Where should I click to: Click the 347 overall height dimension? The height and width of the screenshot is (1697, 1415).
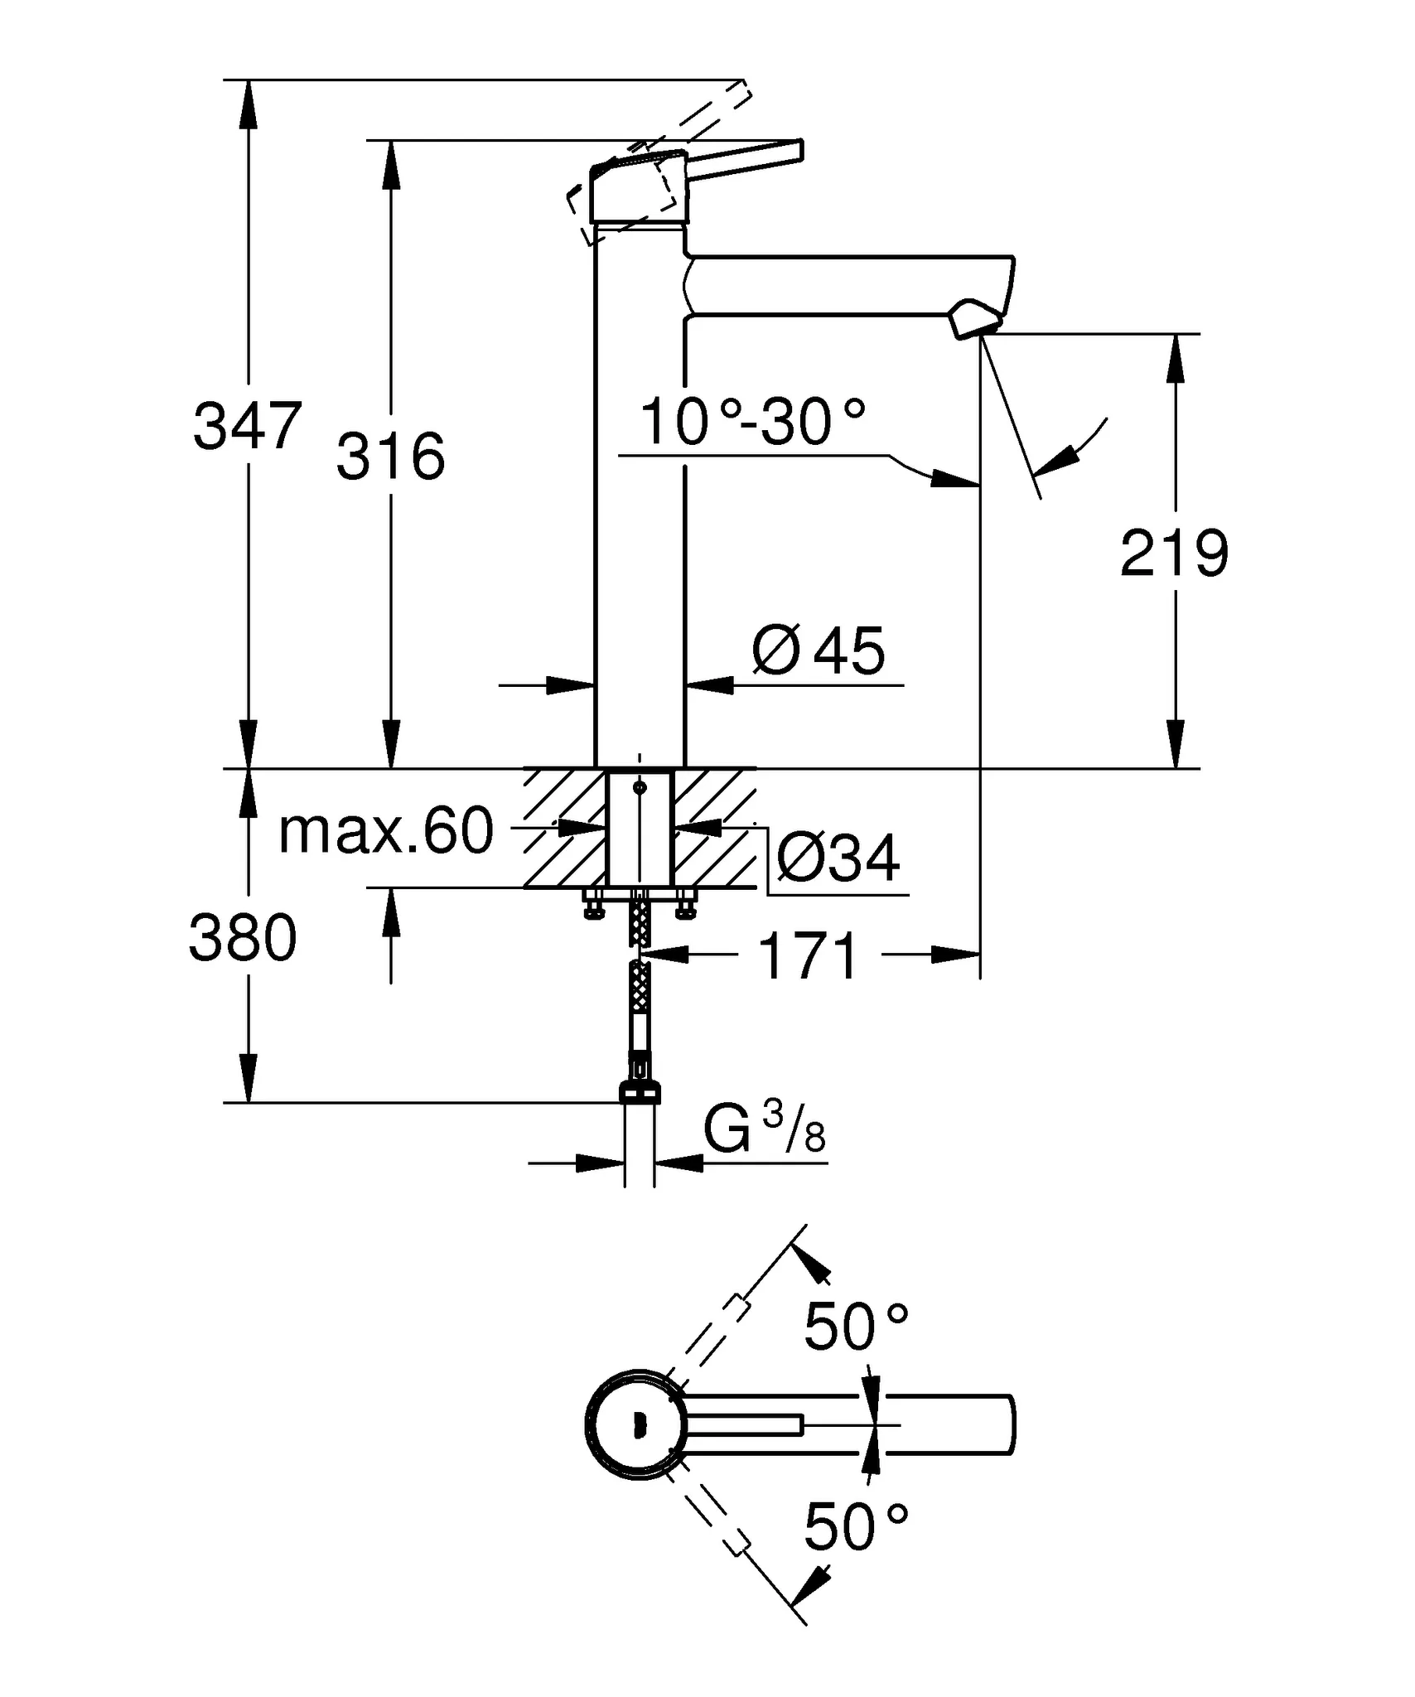point(247,427)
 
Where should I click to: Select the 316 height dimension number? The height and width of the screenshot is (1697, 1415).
point(390,457)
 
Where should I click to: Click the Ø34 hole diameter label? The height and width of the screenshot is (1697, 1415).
point(838,859)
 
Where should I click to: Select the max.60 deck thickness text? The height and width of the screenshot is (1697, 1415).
point(386,831)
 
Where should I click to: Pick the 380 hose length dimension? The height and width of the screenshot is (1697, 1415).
point(242,938)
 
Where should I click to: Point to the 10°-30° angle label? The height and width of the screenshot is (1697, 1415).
point(752,422)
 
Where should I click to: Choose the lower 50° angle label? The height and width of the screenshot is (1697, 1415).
point(856,1526)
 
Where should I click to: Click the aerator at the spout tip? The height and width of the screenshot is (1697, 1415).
point(976,321)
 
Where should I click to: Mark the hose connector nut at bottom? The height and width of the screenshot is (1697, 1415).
point(640,1093)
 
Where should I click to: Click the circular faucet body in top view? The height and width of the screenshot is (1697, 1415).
point(636,1425)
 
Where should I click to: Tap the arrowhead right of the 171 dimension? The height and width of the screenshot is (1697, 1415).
point(954,955)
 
